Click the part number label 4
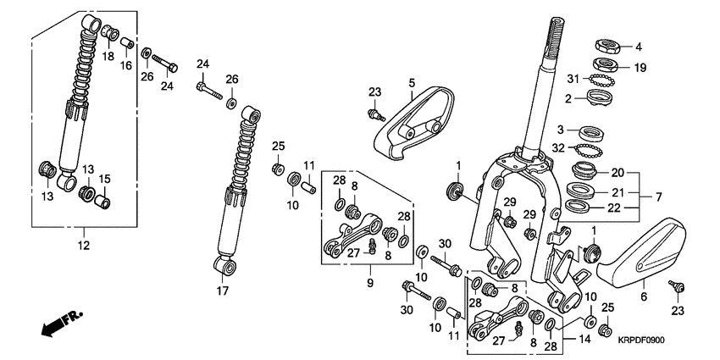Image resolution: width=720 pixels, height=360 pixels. point(639,47)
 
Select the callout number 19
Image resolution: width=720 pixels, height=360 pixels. point(640,67)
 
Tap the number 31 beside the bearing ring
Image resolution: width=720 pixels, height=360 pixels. point(573,79)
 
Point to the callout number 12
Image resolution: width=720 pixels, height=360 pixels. point(84,246)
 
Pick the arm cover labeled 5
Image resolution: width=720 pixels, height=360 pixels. point(407,123)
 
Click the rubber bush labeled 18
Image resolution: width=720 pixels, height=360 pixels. point(109,34)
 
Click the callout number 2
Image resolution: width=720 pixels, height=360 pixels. point(569,98)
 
